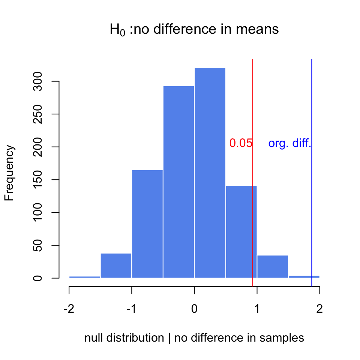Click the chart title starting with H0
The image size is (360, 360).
(194, 30)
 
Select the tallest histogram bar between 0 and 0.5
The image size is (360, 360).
(210, 172)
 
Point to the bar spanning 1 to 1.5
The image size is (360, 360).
(273, 267)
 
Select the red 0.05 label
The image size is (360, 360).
(240, 144)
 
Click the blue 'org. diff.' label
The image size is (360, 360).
(290, 144)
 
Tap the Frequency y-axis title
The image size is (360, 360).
(9, 173)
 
